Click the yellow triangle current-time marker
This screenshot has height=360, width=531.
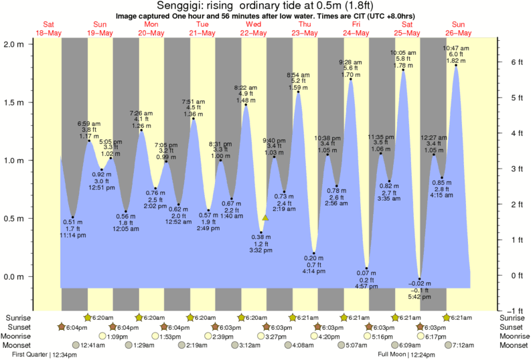(x=265, y=217)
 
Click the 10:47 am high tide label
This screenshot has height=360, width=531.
(x=456, y=48)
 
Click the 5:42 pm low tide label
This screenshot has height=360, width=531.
(x=419, y=296)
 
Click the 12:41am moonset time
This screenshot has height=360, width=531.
(x=93, y=345)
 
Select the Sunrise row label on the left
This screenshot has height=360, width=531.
(x=18, y=318)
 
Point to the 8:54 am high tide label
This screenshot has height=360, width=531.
(x=299, y=74)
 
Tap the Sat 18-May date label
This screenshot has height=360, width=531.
(x=49, y=29)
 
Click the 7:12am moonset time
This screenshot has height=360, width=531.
(x=465, y=345)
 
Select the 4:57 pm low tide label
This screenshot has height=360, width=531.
(x=366, y=288)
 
